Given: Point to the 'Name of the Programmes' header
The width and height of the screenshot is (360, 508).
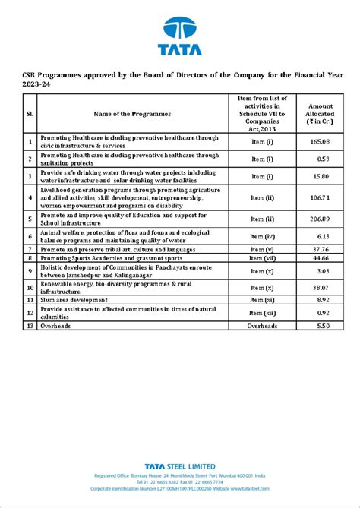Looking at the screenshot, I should pos(133,114).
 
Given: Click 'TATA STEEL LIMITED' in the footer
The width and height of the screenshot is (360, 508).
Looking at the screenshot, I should pos(180,465).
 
